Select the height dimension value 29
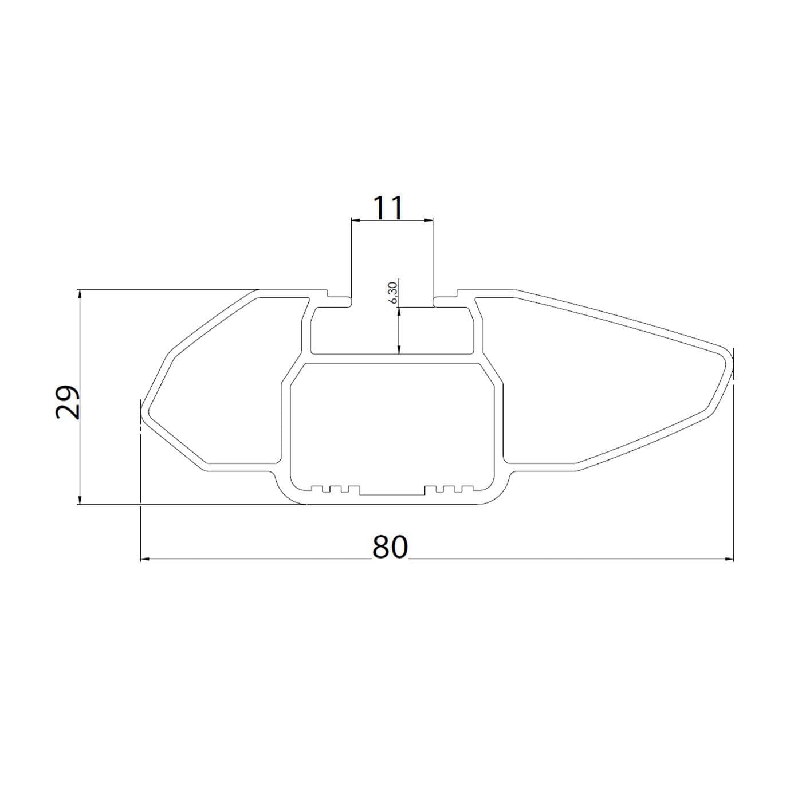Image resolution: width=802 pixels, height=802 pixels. tap(67, 402)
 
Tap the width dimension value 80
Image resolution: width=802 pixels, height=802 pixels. tap(390, 547)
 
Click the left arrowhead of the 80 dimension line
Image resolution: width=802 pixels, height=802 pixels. tap(146, 559)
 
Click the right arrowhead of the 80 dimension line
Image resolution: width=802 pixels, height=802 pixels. tap(729, 559)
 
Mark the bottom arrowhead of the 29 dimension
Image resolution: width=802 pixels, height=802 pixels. tap(79, 500)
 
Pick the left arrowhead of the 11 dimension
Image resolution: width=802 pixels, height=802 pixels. tap(356, 220)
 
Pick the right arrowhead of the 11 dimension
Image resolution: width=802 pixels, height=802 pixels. tap(428, 220)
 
